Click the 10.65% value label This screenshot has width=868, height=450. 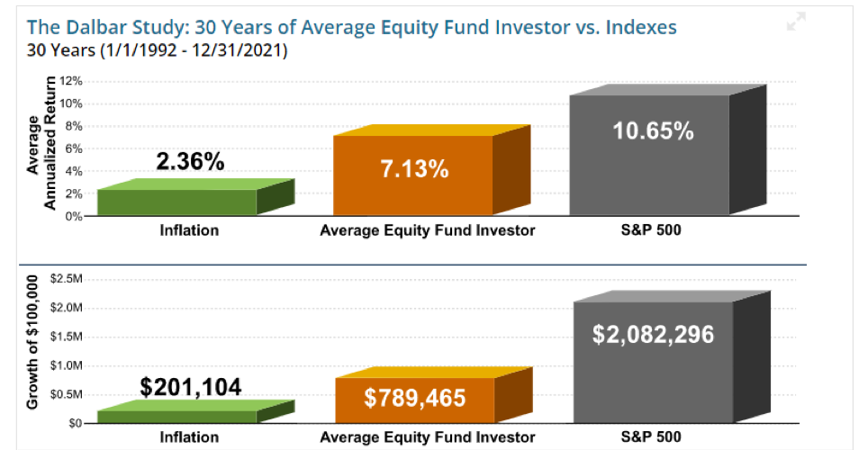[x=653, y=131]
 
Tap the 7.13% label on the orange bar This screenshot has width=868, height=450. [x=414, y=169]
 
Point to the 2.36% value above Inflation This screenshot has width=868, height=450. [x=190, y=162]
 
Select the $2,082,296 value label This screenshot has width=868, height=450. [x=653, y=334]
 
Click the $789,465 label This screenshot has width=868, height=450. [x=414, y=398]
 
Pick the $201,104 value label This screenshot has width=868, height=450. [x=190, y=387]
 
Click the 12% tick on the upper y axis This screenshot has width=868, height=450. [x=71, y=81]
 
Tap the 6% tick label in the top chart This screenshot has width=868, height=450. [x=74, y=148]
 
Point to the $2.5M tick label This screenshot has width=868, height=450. [x=67, y=279]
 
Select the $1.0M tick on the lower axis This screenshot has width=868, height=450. [x=67, y=366]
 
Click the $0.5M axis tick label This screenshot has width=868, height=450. [x=67, y=394]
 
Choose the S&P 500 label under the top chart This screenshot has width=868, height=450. [x=651, y=230]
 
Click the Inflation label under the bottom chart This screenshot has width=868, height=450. [x=189, y=437]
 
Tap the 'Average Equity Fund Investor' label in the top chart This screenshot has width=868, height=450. [x=428, y=230]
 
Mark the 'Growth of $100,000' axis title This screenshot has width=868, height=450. [x=32, y=342]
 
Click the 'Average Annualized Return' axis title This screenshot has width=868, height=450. [x=41, y=143]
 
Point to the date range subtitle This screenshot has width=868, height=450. [x=158, y=50]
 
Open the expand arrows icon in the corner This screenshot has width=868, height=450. [x=796, y=22]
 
